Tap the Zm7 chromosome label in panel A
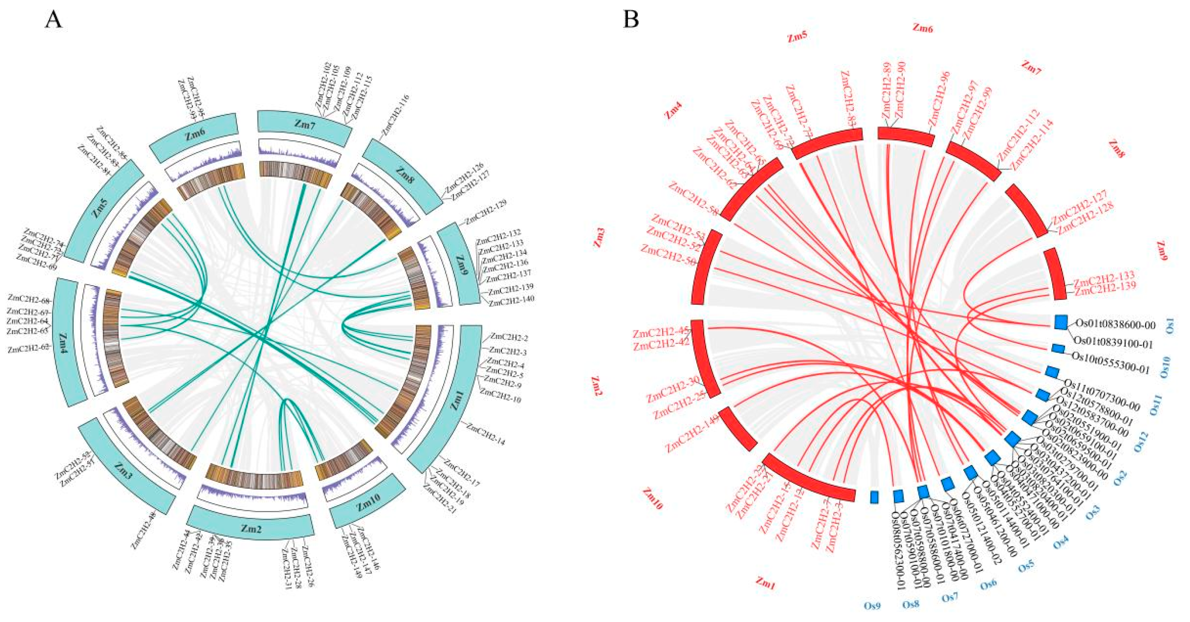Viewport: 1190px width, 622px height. pos(304,124)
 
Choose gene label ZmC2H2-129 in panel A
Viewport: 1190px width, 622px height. pos(486,212)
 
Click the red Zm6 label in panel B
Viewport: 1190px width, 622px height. pos(922,29)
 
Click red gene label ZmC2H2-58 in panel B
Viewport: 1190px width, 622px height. pos(693,200)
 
